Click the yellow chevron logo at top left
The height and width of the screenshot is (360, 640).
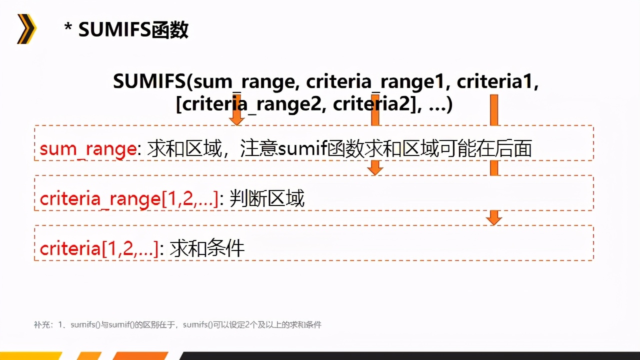(26, 29)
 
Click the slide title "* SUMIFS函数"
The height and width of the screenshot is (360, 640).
(126, 30)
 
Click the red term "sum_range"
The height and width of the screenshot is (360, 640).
(88, 149)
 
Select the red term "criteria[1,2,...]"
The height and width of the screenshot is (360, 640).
(99, 248)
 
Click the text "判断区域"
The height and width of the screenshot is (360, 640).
(267, 199)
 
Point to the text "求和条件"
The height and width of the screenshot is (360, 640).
(207, 248)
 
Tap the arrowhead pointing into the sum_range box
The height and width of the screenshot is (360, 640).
(236, 120)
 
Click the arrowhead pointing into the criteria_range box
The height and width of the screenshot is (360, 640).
(375, 170)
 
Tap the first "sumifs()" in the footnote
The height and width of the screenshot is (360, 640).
(83, 325)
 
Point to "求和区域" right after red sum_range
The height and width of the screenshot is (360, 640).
(184, 149)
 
